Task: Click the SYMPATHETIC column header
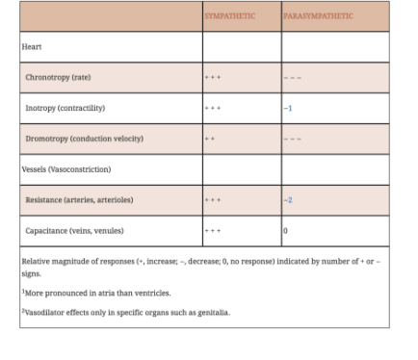pyautogui.click(x=229, y=16)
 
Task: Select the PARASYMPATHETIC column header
pyautogui.click(x=318, y=16)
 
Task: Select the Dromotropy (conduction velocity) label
pyautogui.click(x=84, y=139)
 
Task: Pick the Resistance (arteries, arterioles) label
pyautogui.click(x=78, y=200)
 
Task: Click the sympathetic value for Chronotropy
pyautogui.click(x=212, y=77)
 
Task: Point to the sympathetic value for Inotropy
pyautogui.click(x=212, y=108)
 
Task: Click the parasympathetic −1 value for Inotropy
pyautogui.click(x=288, y=108)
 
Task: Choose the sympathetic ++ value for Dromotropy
pyautogui.click(x=210, y=139)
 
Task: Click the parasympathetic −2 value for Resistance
pyautogui.click(x=288, y=200)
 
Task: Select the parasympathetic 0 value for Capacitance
pyautogui.click(x=285, y=231)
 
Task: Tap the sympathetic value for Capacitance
pyautogui.click(x=212, y=231)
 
